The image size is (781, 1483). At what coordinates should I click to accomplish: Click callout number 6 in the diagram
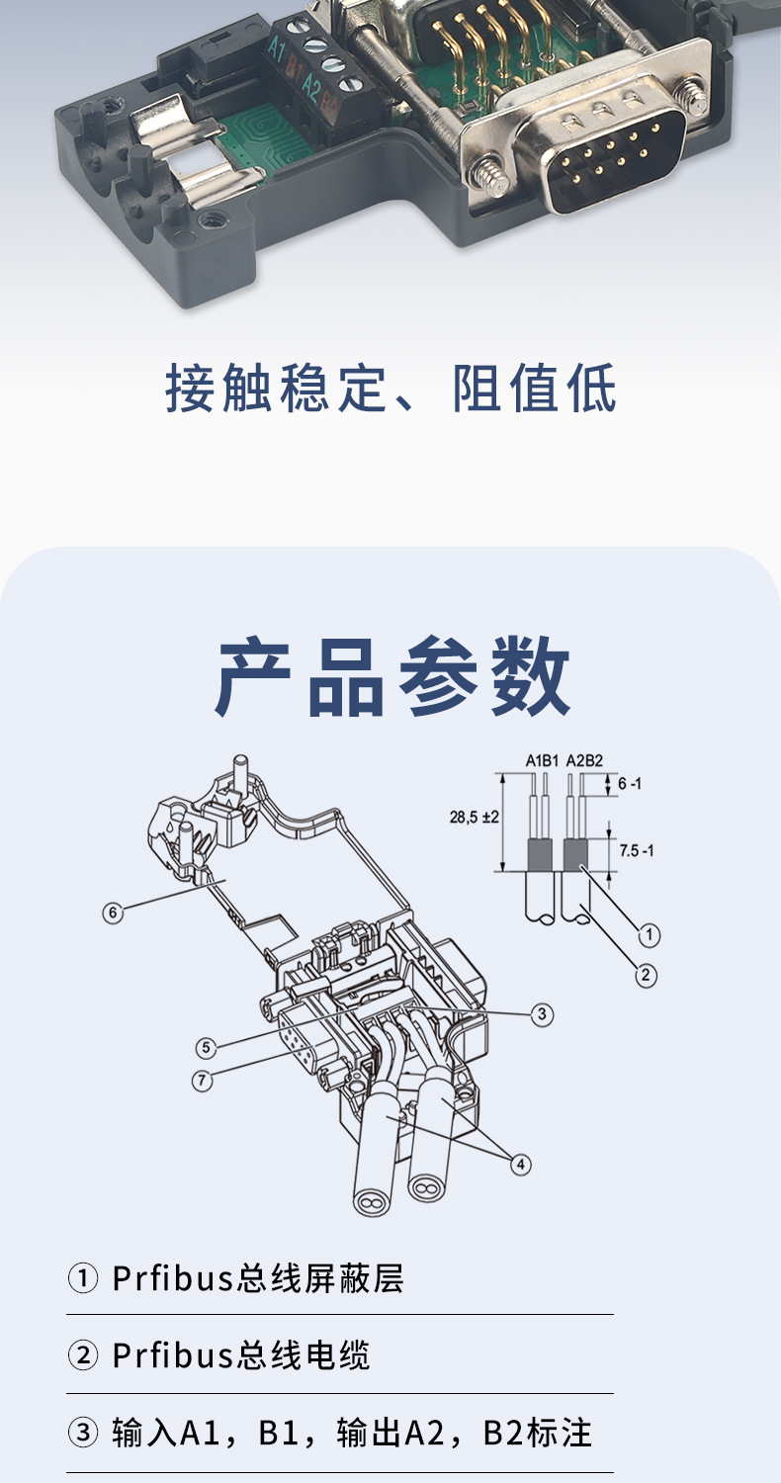(x=114, y=913)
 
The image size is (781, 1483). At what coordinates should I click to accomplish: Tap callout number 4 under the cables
(x=521, y=1164)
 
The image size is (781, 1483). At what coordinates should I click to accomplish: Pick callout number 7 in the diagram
(x=202, y=1081)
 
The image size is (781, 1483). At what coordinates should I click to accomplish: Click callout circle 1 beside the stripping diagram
(x=649, y=933)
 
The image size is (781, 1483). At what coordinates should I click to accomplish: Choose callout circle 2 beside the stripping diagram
(x=645, y=976)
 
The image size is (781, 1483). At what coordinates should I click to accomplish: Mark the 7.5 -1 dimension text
(x=636, y=850)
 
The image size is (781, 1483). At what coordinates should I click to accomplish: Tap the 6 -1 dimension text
(x=631, y=783)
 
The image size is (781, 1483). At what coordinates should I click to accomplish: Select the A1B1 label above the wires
(x=542, y=760)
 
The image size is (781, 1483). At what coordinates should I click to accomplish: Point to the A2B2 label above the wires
(x=585, y=760)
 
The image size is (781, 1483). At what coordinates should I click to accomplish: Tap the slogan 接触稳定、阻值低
(x=390, y=389)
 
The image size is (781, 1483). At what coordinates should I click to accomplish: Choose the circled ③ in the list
(x=82, y=1433)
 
